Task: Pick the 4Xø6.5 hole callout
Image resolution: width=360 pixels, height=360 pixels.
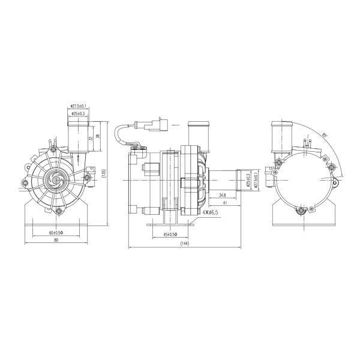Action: [210, 212]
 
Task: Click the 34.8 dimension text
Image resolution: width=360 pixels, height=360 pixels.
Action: [222, 196]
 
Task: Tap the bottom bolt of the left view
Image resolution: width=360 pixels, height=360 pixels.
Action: [58, 211]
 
